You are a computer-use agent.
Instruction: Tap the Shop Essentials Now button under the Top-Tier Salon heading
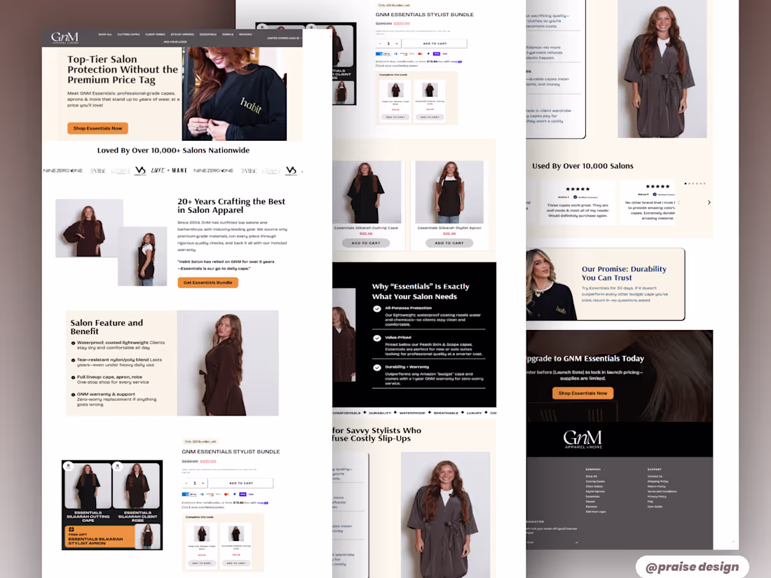pyautogui.click(x=97, y=128)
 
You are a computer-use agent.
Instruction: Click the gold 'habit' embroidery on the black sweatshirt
pyautogui.click(x=251, y=103)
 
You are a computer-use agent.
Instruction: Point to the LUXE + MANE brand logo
pyautogui.click(x=168, y=170)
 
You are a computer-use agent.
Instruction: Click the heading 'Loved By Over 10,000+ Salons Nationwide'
pyautogui.click(x=173, y=150)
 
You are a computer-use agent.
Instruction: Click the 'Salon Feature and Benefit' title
pyautogui.click(x=107, y=327)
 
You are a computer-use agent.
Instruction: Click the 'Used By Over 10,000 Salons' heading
pyautogui.click(x=582, y=166)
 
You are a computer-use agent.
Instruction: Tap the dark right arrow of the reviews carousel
pyautogui.click(x=709, y=202)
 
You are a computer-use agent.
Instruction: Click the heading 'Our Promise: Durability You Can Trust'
pyautogui.click(x=624, y=273)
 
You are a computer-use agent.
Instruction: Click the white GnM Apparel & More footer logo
pyautogui.click(x=582, y=439)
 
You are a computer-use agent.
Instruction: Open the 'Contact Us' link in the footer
pyautogui.click(x=655, y=476)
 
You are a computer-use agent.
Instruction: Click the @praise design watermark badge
pyautogui.click(x=692, y=567)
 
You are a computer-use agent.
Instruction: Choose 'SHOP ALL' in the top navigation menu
pyautogui.click(x=105, y=34)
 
